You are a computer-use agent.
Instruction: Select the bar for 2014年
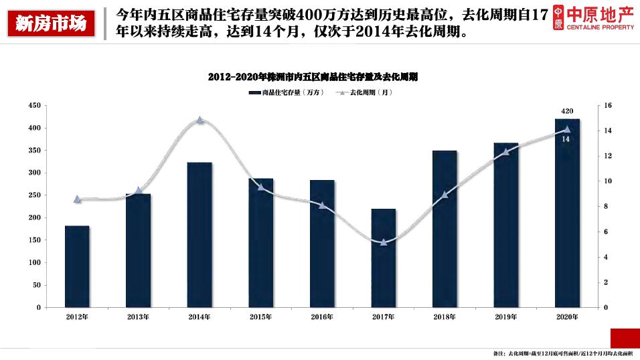pos(199,235)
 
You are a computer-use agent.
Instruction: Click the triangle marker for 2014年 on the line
pos(199,120)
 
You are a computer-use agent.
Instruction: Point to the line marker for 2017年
pos(384,242)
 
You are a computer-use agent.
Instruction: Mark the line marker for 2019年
pos(506,151)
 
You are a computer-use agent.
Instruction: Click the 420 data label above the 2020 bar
pos(567,111)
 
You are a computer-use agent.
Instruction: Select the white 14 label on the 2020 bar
pos(566,139)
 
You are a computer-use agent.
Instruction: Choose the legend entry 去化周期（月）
pos(366,92)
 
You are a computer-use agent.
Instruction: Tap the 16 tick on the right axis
pos(608,106)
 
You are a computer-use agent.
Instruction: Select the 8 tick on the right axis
pos(606,207)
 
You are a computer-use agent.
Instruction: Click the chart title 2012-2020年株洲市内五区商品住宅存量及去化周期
pos(313,77)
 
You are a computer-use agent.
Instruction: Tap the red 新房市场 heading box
pos(51,24)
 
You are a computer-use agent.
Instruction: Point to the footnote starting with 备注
pos(563,353)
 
